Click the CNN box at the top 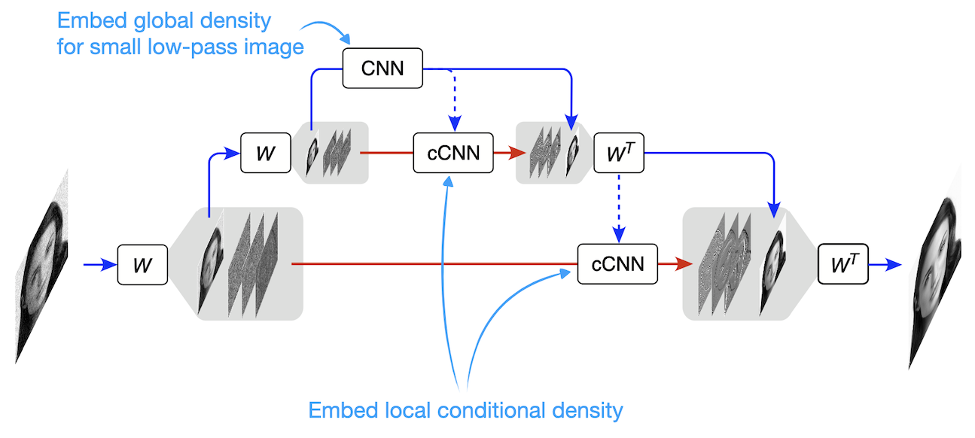click(x=382, y=68)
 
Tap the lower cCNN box click(x=617, y=263)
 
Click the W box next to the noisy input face click(x=142, y=264)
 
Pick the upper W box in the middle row click(x=265, y=153)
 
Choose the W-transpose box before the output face click(x=843, y=264)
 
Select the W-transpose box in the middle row click(x=618, y=153)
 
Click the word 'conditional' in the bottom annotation click(x=479, y=411)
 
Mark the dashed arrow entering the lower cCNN click(x=617, y=207)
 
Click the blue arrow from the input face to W click(x=96, y=265)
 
